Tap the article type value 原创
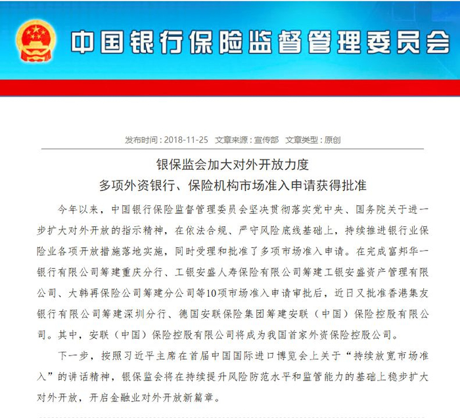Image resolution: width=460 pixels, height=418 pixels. (x=332, y=140)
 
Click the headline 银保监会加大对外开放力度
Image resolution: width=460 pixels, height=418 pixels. (x=230, y=164)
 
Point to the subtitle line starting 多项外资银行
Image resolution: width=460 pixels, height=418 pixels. (x=230, y=183)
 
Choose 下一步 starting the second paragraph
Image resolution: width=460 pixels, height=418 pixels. (x=73, y=358)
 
